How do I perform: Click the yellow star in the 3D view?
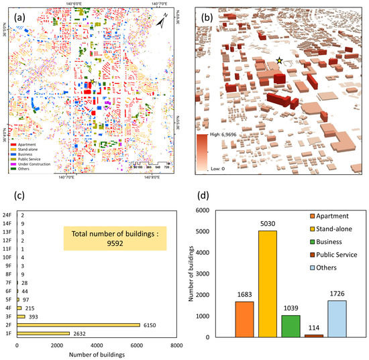[279, 61]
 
